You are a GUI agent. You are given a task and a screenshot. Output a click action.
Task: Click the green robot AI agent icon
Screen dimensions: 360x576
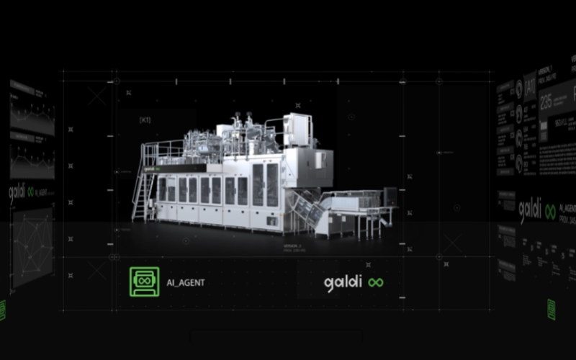click(x=144, y=282)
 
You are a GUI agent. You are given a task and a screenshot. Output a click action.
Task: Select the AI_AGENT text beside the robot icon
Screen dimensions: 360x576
click(x=185, y=282)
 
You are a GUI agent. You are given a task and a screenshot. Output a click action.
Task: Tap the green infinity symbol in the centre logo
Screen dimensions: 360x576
click(x=375, y=283)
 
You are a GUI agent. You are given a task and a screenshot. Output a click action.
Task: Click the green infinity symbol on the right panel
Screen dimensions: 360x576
click(x=550, y=212)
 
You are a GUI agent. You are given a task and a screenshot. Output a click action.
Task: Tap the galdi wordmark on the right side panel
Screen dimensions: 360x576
click(x=529, y=211)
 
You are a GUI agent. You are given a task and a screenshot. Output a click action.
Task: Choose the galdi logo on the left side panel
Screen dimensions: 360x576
click(x=22, y=193)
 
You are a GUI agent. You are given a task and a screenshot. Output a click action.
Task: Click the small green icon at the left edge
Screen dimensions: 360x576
click(x=2, y=310)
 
